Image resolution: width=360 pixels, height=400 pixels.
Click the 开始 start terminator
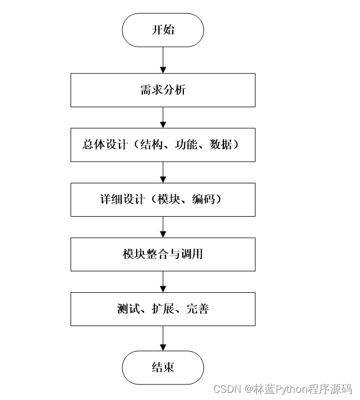[x=163, y=30]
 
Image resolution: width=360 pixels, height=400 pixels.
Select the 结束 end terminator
[x=163, y=367]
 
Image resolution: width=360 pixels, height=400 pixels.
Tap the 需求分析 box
[x=163, y=89]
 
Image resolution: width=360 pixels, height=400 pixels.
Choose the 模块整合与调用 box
[x=163, y=254]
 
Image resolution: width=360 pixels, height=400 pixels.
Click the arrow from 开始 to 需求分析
[x=163, y=59]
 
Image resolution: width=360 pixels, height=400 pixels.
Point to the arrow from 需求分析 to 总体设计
[x=163, y=117]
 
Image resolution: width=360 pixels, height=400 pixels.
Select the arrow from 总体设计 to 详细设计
[x=163, y=172]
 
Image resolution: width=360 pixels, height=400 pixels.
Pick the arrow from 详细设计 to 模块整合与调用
[x=163, y=227]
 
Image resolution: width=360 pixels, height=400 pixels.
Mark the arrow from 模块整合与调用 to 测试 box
[x=163, y=281]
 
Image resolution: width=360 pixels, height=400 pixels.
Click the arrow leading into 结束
[x=163, y=338]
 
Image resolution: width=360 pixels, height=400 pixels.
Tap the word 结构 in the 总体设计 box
[x=149, y=144]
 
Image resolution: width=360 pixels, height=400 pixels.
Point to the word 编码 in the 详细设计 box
[x=203, y=199]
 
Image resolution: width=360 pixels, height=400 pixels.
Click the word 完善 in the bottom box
[x=197, y=308]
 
